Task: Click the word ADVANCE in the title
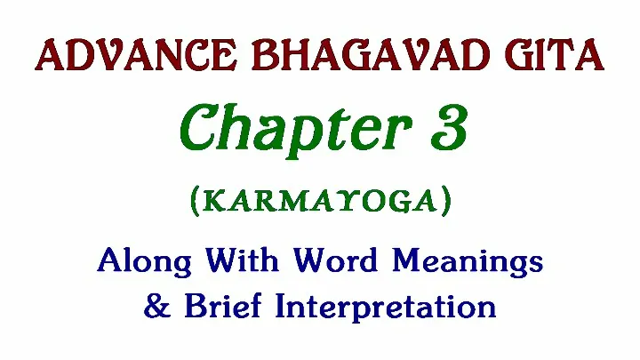[x=136, y=55]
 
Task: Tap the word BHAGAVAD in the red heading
[x=371, y=55]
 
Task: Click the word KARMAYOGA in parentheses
[x=320, y=201]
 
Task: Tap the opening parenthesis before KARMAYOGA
[x=195, y=201]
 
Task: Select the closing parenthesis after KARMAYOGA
[x=446, y=201]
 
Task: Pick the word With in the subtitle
[x=243, y=260]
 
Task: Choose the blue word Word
[x=335, y=260]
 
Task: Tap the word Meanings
[x=468, y=261]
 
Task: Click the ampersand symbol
[x=156, y=306]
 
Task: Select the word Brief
[x=223, y=305]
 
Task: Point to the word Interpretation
[x=386, y=307]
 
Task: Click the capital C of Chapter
[x=199, y=127]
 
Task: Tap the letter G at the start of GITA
[x=518, y=55]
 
